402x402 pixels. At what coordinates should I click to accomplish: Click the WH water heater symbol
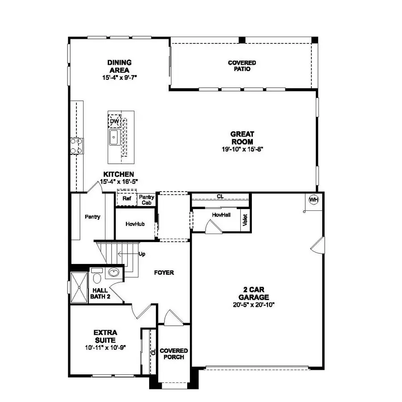pos(314,200)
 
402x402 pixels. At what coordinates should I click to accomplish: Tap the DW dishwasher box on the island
pos(114,121)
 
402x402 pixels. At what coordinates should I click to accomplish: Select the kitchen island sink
pos(114,138)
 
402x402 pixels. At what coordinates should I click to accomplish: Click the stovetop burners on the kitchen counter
pos(76,146)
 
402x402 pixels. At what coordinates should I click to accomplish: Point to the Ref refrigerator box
pos(126,198)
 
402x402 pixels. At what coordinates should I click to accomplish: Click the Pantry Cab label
pos(147,200)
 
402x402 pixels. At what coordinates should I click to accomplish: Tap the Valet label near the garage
pos(245,220)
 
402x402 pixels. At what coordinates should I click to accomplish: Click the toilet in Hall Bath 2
pos(96,277)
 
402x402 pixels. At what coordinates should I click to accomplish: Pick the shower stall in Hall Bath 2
pos(79,288)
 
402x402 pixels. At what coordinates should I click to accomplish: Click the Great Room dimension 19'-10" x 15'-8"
pos(242,150)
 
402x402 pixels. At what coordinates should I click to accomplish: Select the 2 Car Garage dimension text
pos(253,305)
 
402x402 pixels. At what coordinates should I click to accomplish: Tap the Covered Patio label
pos(242,66)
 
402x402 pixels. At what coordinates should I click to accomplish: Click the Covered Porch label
pos(174,354)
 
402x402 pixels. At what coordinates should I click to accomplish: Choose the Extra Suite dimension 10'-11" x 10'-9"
pos(105,348)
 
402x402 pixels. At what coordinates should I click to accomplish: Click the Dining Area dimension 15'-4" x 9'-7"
pos(119,77)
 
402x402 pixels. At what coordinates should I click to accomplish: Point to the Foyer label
pos(164,272)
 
